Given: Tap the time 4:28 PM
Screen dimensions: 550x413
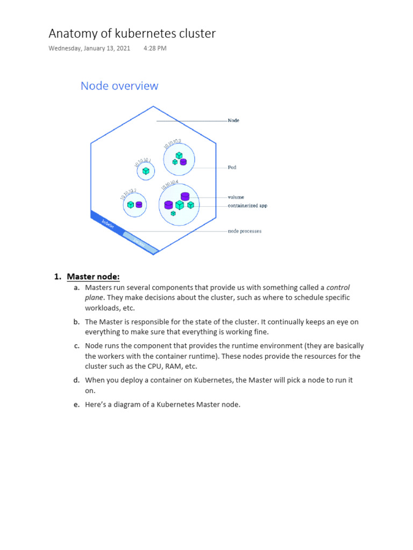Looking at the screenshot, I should coord(155,48).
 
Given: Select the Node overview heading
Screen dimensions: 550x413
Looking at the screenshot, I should coord(119,86).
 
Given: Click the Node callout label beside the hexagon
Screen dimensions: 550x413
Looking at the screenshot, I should coord(233,120).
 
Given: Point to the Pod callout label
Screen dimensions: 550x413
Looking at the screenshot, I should coord(232,168).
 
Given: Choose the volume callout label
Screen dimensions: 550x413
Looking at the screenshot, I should coord(236,197).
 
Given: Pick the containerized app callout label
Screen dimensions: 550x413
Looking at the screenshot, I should coord(247,206).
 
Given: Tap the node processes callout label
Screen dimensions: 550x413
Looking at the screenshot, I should coord(245,231).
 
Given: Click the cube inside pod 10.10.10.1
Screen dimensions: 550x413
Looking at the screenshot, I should coord(146,171).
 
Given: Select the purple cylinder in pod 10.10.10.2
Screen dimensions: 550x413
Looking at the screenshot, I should coord(139,205).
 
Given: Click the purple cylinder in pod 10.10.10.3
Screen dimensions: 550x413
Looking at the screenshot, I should coord(183,161).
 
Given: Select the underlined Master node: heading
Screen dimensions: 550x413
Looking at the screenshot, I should coord(93,277).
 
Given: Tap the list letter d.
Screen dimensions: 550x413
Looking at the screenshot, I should coord(77,380).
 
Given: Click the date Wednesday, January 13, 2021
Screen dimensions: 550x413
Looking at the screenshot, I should coord(89,48).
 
